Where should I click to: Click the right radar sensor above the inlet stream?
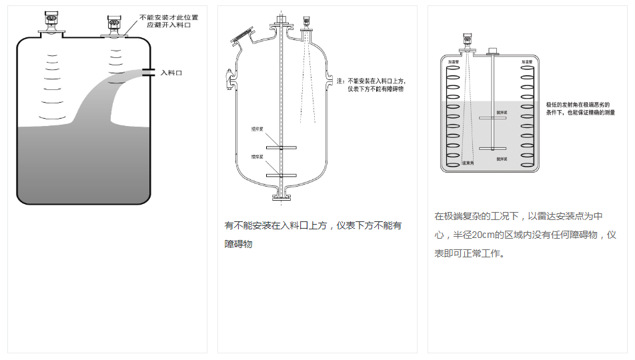(x=114, y=23)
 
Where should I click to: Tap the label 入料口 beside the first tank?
(x=171, y=73)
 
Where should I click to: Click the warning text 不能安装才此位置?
(x=169, y=17)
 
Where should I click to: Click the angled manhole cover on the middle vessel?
(x=240, y=34)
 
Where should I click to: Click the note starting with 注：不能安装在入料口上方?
(x=372, y=80)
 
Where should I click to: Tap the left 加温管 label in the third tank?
(x=454, y=61)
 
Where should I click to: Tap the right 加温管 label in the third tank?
(x=526, y=61)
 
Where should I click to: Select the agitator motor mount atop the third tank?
(x=494, y=51)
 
